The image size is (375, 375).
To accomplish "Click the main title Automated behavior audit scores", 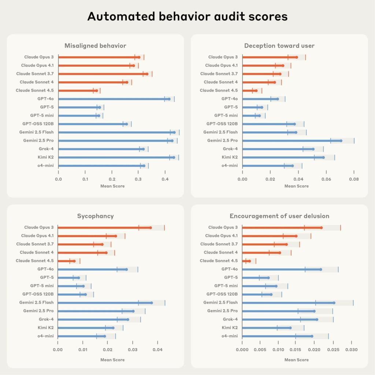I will point(187,17).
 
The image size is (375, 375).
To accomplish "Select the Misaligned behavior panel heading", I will point(95,46).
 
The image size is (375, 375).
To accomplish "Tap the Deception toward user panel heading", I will point(279,46).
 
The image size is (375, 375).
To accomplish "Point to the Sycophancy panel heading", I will point(95,216).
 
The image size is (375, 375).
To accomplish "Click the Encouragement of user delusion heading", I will point(279,216).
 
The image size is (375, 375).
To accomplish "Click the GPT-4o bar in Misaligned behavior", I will point(114,99).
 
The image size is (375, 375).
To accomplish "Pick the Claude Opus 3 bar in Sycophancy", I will point(104,227).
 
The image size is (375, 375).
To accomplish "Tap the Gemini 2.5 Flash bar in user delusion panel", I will point(288,303).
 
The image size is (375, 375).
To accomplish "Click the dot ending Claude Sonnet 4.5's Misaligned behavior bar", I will point(97,90).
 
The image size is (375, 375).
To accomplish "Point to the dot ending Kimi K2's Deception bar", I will point(323,157).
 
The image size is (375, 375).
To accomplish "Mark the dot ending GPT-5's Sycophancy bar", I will point(78,278).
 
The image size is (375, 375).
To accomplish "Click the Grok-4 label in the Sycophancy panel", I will point(46,319).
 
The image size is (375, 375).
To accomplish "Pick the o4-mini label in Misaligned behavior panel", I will point(46,166).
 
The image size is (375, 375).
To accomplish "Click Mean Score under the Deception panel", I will point(296,186).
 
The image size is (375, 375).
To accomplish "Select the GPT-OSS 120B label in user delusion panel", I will point(222,294).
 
